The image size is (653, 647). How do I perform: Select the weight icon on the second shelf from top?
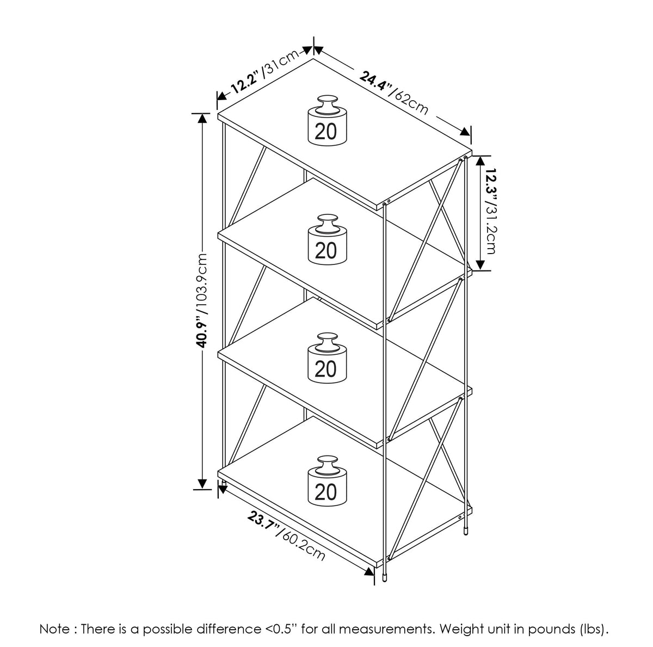click(327, 239)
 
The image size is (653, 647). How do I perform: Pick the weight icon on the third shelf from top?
click(327, 358)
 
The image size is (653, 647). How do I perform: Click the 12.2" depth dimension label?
click(245, 81)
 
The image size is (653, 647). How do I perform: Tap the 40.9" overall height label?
click(202, 332)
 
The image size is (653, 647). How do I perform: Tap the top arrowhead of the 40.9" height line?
click(202, 119)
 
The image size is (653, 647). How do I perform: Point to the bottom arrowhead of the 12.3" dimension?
click(480, 264)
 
